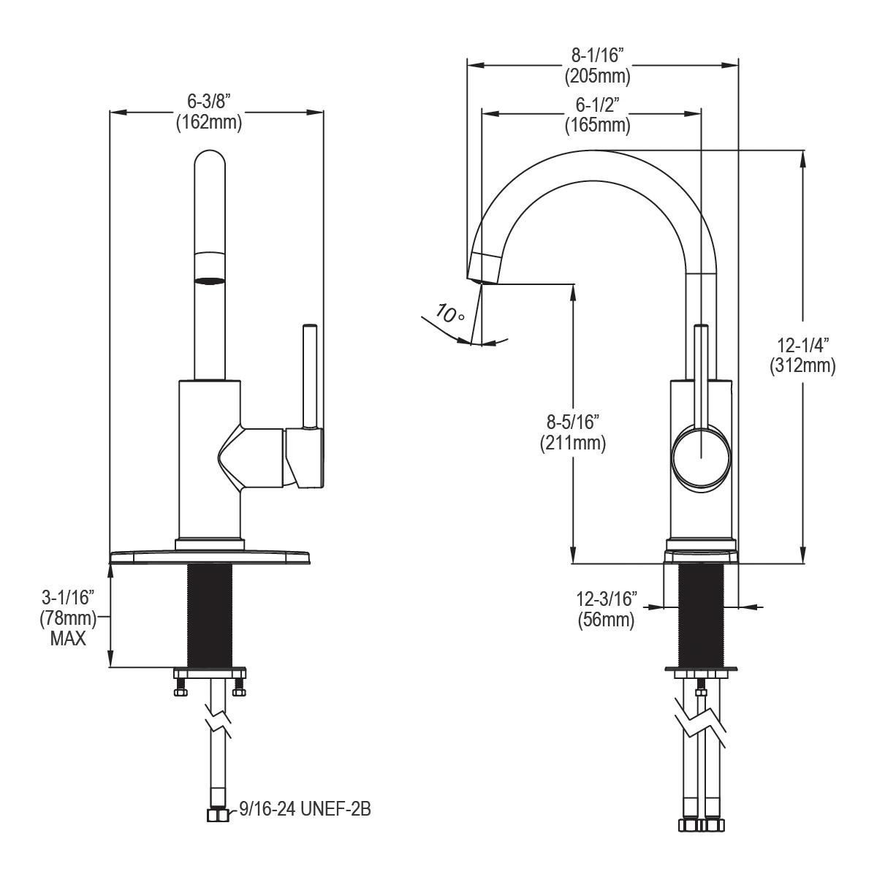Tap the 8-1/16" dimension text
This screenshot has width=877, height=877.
click(596, 55)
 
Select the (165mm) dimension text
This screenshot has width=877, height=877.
click(596, 125)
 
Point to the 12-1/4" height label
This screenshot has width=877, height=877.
click(802, 344)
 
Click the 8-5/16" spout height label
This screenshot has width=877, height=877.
click(572, 422)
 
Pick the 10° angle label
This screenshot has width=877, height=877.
click(449, 314)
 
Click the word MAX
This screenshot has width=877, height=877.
click(68, 638)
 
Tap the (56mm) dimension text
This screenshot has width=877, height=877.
click(606, 620)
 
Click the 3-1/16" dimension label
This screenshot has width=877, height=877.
click(68, 599)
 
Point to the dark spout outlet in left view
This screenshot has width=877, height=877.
click(209, 279)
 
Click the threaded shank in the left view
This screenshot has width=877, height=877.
click(209, 614)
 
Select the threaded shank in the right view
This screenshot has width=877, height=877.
click(701, 614)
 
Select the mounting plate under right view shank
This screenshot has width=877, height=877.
click(701, 669)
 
